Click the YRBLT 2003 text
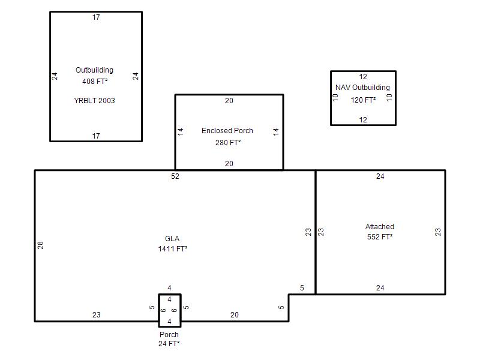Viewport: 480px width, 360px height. (x=94, y=101)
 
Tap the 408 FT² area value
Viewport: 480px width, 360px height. (x=95, y=82)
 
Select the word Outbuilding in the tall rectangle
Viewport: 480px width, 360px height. (x=94, y=70)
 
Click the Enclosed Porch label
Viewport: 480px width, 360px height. (x=227, y=131)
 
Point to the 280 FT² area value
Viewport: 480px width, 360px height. (x=228, y=143)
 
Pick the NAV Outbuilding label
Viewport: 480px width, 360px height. (x=362, y=88)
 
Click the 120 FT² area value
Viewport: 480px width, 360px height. (x=363, y=100)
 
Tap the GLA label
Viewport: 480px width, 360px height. (x=172, y=239)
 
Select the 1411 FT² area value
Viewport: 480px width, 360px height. (x=173, y=249)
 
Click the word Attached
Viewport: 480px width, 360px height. (x=380, y=227)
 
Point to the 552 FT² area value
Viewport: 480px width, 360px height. (x=380, y=237)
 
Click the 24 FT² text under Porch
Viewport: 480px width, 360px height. (x=169, y=344)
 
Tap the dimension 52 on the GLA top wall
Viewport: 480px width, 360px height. (x=175, y=176)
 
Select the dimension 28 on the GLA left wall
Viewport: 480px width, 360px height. (x=40, y=245)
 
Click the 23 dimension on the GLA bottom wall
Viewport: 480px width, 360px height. (x=97, y=314)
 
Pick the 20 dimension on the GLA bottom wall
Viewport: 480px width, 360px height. (x=235, y=314)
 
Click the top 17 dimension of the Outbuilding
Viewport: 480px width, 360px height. (x=96, y=17)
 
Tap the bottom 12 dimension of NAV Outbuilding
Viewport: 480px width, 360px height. (x=363, y=119)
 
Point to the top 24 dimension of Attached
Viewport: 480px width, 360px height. (x=380, y=176)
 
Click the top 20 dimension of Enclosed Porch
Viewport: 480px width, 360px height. (x=229, y=101)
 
